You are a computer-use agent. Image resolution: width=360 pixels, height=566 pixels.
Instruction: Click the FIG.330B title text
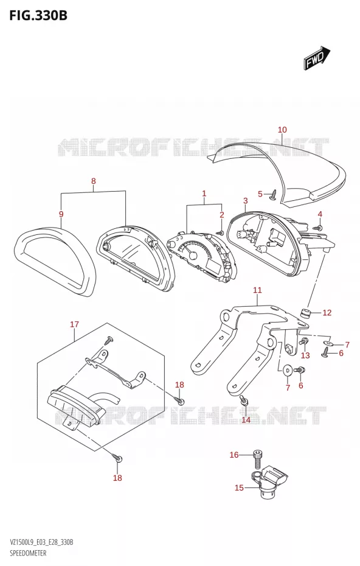[38, 15]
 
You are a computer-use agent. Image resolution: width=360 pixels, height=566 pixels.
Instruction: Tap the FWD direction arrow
[316, 57]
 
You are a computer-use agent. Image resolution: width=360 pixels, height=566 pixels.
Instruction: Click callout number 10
[282, 130]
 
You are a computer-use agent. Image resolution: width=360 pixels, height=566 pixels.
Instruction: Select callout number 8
[94, 181]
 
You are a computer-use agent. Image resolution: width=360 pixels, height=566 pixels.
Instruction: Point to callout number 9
[61, 214]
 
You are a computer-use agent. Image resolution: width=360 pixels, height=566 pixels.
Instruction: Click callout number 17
[74, 324]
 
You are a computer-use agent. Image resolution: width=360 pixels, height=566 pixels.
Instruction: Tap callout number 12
[327, 313]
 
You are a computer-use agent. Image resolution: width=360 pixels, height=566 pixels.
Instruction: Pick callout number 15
[239, 487]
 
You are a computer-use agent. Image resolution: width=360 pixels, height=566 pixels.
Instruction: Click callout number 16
[234, 455]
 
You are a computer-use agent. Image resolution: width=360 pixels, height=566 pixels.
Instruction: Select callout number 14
[246, 420]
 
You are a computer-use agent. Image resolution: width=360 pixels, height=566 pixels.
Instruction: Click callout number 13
[305, 355]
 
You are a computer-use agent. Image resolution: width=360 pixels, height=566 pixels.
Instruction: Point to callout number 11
[257, 290]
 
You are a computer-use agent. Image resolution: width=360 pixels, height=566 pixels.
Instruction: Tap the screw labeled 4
[317, 228]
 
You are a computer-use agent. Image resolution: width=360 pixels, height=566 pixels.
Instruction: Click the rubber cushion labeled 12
[306, 313]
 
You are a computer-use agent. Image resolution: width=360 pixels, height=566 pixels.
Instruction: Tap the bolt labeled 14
[243, 400]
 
